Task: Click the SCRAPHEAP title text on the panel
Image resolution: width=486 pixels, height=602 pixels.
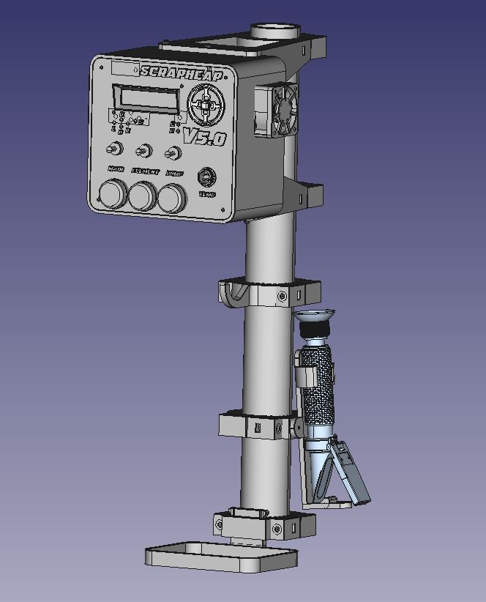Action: [x=182, y=72]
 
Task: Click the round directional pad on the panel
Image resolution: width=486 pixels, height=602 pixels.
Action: [x=208, y=106]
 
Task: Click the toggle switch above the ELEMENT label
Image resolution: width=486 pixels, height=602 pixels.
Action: [x=144, y=152]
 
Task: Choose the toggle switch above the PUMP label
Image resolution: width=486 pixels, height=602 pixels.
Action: [x=173, y=154]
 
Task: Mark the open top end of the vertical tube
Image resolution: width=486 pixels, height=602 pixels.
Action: [x=276, y=30]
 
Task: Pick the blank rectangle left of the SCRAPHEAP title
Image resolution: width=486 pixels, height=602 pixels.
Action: [x=124, y=68]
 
